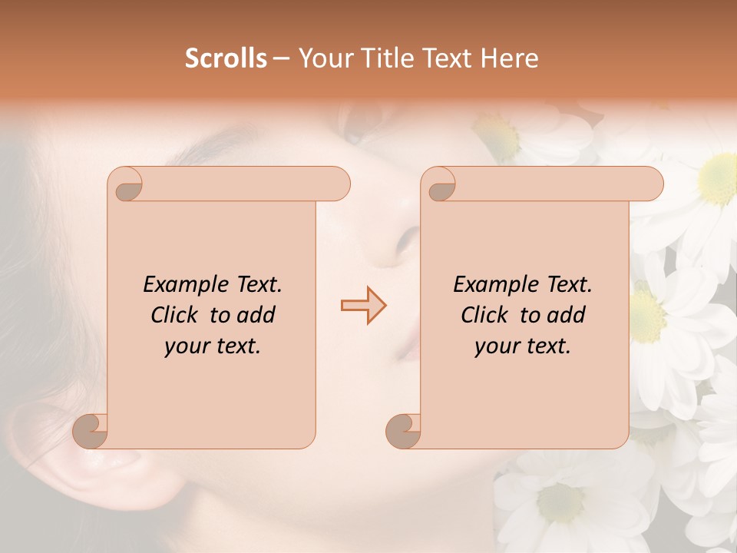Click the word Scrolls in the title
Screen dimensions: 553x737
226,58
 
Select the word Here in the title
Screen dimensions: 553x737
509,58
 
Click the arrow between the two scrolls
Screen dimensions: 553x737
364,306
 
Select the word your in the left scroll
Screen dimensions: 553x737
187,347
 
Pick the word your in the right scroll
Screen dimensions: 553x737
497,347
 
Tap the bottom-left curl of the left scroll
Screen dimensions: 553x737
91,432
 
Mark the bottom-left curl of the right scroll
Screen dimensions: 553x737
404,432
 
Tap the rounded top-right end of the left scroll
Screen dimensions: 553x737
338,184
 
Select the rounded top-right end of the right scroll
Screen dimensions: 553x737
651,184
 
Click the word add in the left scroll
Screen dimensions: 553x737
257,315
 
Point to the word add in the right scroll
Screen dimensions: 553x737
567,315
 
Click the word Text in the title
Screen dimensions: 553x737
445,58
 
